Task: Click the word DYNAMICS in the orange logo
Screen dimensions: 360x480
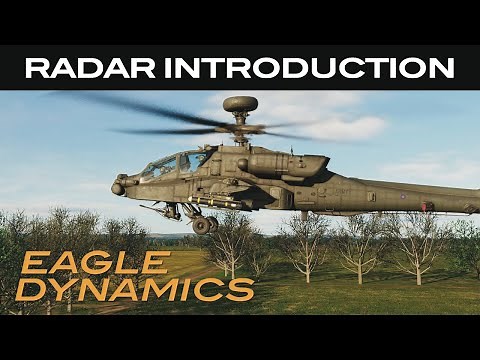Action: click(137, 289)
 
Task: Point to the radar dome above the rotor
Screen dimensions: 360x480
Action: click(240, 103)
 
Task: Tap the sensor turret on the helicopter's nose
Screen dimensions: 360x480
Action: click(119, 187)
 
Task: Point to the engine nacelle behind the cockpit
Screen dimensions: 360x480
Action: click(290, 164)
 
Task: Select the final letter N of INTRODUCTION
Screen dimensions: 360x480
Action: click(443, 68)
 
